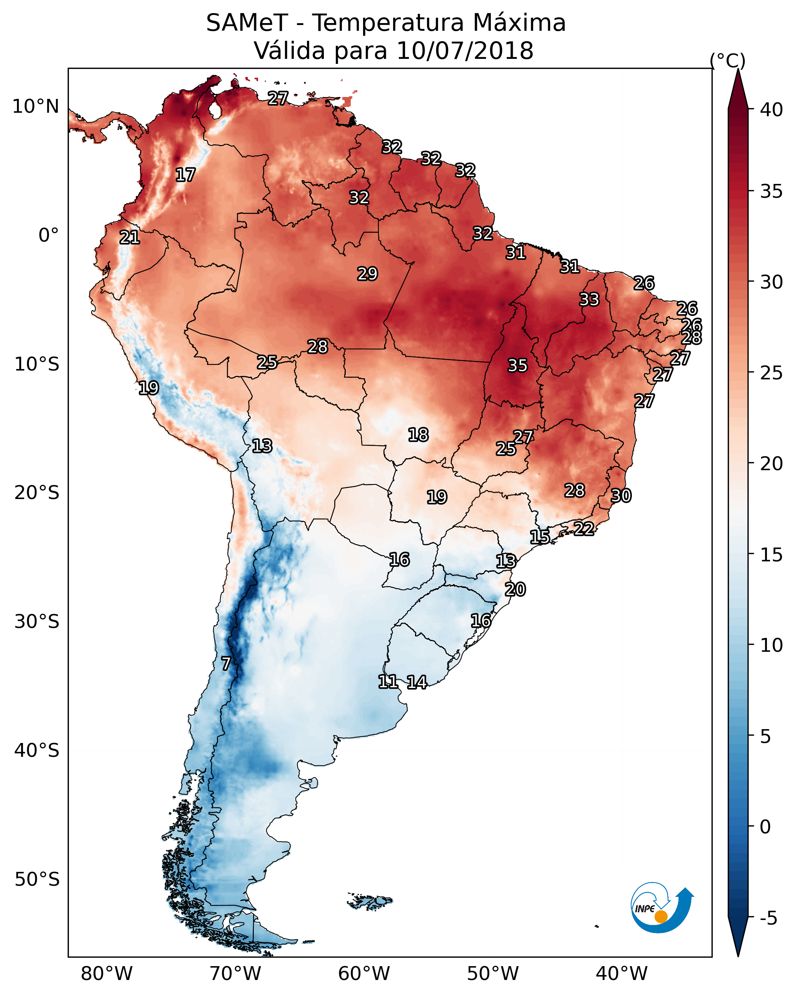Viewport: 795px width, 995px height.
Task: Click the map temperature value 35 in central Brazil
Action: click(517, 366)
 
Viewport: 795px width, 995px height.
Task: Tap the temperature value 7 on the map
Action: click(226, 664)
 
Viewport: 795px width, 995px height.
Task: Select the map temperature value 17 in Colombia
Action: click(185, 175)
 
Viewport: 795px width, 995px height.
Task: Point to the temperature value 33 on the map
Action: click(589, 299)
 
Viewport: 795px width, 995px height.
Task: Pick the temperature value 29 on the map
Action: click(368, 274)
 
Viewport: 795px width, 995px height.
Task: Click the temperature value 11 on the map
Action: click(388, 682)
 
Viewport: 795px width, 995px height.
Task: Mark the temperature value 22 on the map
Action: click(584, 528)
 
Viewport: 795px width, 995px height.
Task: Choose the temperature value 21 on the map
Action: click(130, 238)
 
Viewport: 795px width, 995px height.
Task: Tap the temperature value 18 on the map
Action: click(418, 435)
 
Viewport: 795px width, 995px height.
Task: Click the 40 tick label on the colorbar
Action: click(772, 110)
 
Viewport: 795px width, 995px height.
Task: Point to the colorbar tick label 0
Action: click(765, 827)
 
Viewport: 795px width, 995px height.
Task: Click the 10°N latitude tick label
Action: click(35, 107)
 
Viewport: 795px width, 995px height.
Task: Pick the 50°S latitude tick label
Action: click(37, 880)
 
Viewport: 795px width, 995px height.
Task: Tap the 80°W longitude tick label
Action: click(107, 974)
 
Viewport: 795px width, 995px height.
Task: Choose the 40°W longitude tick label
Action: click(622, 974)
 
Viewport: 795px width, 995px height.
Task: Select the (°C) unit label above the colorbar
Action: click(728, 60)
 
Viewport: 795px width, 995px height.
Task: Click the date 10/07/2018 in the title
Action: click(465, 51)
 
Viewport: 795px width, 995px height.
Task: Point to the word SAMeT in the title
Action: click(247, 23)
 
